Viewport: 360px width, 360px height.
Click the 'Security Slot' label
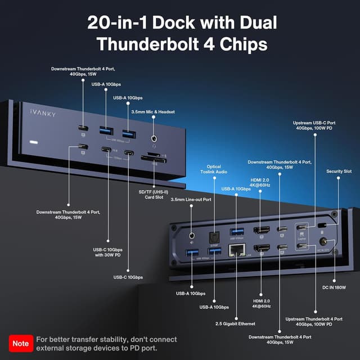339,171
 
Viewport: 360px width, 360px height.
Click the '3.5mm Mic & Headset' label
153,112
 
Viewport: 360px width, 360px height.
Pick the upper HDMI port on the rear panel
260,229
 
